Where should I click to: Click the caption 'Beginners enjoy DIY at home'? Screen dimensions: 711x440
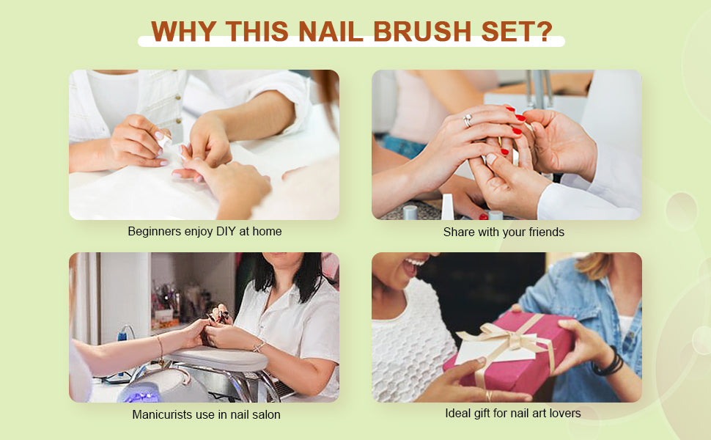(x=205, y=231)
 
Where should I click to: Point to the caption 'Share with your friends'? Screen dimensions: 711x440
(x=504, y=232)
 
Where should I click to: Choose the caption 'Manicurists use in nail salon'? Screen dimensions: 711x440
(x=206, y=414)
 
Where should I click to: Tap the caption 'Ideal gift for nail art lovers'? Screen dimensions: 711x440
(x=513, y=414)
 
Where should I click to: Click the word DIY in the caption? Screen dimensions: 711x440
(x=225, y=231)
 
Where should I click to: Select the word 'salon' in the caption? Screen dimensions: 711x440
(x=267, y=414)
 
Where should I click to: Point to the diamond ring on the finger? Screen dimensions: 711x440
(x=468, y=120)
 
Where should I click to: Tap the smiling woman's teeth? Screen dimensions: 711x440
(x=414, y=263)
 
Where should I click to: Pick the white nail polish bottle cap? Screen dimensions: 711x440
(x=448, y=207)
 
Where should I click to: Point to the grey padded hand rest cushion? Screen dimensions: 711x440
(x=218, y=359)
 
